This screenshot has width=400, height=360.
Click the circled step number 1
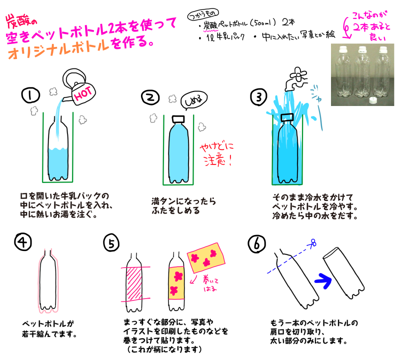coord(30,95)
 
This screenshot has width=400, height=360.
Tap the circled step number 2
coord(150,97)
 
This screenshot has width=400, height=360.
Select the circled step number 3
coord(258,97)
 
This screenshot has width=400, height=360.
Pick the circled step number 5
coord(111,243)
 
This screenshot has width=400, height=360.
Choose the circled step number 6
coord(256,243)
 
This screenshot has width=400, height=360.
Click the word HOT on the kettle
coord(83,93)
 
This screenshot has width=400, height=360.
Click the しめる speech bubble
coord(194,101)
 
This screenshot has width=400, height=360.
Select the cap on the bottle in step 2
coord(178,119)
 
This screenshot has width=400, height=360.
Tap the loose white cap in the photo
coord(373,100)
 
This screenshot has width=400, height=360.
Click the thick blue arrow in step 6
coord(323,280)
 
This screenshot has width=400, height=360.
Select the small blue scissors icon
coord(313,242)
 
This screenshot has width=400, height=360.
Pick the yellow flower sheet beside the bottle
coord(206,257)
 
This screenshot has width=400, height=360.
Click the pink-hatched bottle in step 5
coord(134,282)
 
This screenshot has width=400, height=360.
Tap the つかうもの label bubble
coord(203,14)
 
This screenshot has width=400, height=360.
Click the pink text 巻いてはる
coord(210,284)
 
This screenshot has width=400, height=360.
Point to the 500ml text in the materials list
coord(263,23)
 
